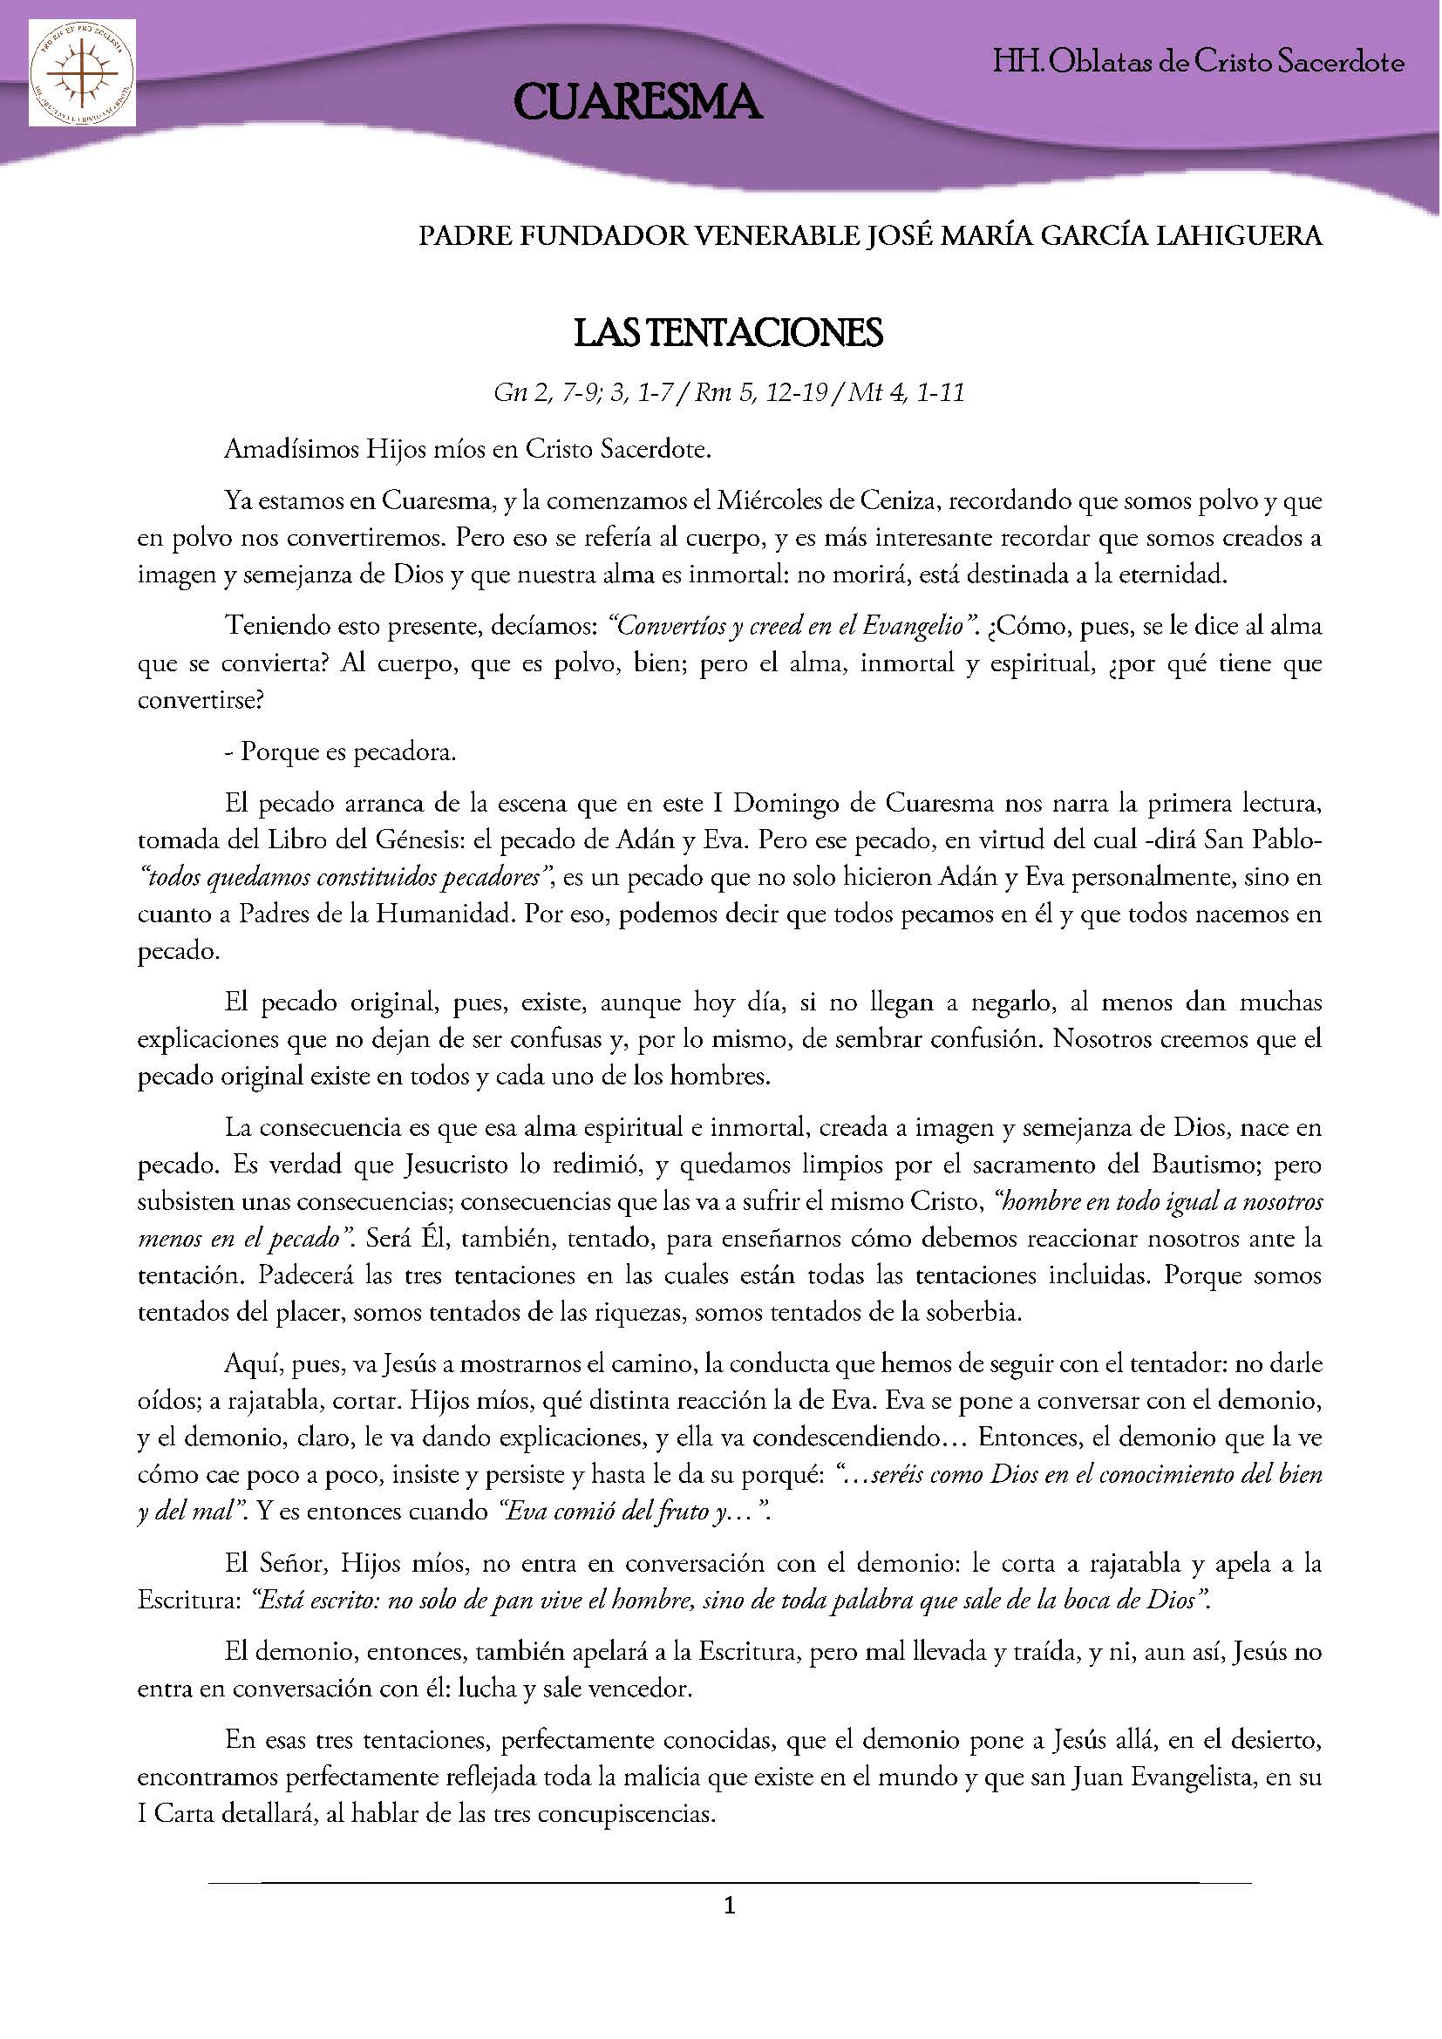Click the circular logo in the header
[82, 74]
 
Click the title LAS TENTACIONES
[728, 334]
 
